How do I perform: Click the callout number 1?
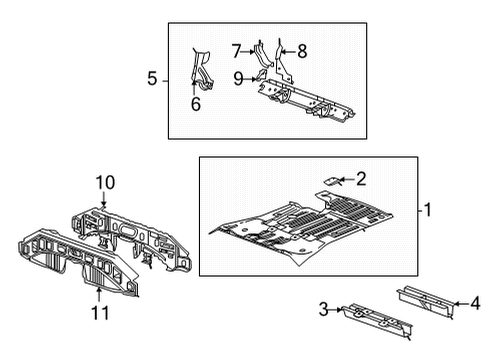coord(427,210)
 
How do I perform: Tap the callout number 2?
coord(361,179)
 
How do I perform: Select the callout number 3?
coord(324,311)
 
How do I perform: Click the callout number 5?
coord(152,78)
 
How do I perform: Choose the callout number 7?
coord(236,49)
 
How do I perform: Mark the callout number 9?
coord(238,76)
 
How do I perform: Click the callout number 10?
coord(106,183)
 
